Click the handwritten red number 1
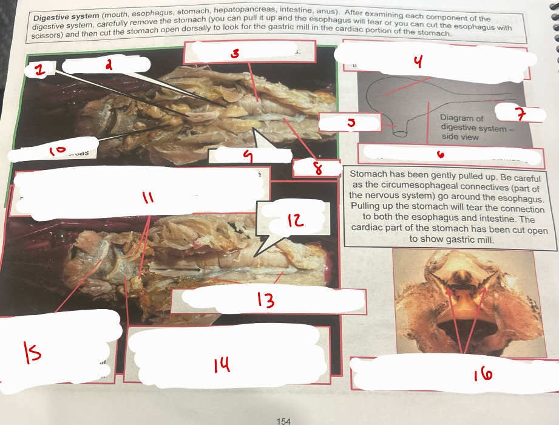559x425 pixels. (39, 71)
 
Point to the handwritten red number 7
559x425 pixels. (519, 114)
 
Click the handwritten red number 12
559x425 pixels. (294, 220)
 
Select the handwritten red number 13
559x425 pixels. (265, 300)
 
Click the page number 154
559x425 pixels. (283, 420)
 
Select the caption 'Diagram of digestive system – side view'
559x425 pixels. (468, 127)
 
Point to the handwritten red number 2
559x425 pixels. (109, 65)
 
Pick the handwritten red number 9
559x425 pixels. (246, 157)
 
